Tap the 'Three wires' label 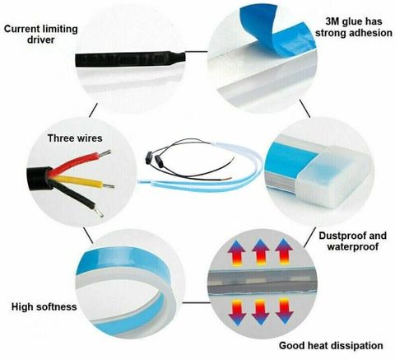75,138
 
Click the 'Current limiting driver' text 41,34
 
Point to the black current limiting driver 130,58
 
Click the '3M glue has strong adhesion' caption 354,27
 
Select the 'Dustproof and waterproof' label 353,241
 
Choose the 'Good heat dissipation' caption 331,345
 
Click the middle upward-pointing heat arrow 261,252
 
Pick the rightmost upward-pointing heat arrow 284,252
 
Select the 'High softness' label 44,306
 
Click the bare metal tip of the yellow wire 109,186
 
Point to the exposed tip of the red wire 105,153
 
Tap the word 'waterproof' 353,246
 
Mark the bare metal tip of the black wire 99,212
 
